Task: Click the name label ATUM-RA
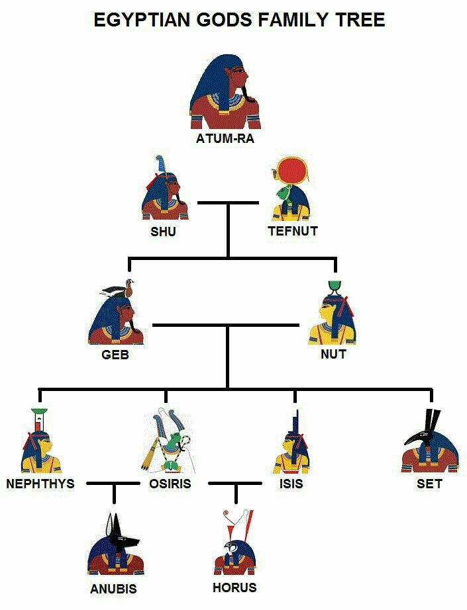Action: pyautogui.click(x=225, y=139)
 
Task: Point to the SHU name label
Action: pyautogui.click(x=163, y=232)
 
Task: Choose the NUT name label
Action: pyautogui.click(x=333, y=354)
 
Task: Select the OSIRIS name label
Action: pyautogui.click(x=170, y=484)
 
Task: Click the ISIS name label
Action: pyautogui.click(x=291, y=484)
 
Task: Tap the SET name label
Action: pyautogui.click(x=429, y=484)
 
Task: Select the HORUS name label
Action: pyautogui.click(x=234, y=587)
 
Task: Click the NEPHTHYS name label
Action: pyautogui.click(x=40, y=484)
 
